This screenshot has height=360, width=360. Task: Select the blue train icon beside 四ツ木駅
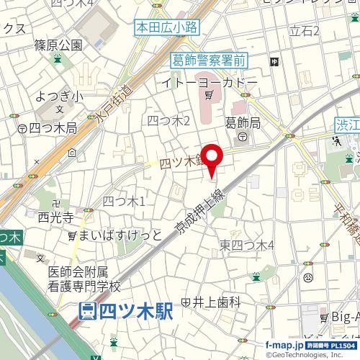tap(88, 312)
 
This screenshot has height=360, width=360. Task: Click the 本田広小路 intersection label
tap(167, 28)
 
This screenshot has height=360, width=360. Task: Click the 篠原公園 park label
tap(58, 45)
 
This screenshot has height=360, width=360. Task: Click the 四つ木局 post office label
tap(53, 128)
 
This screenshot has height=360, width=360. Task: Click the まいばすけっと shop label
tap(117, 235)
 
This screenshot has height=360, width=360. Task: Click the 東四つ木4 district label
tap(247, 246)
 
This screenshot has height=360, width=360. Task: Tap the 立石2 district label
tap(303, 30)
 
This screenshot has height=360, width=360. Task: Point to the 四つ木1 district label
tap(124, 201)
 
